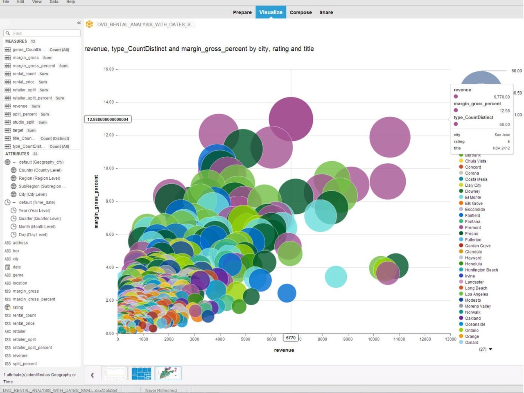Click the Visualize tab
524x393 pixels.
point(271,12)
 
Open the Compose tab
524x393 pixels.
point(300,12)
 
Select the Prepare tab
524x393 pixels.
point(242,12)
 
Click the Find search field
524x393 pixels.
point(42,33)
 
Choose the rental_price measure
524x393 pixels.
point(24,82)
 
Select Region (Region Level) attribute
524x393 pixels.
point(39,178)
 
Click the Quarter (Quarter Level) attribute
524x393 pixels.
point(39,219)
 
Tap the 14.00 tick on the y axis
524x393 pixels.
point(108,102)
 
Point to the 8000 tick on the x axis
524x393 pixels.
point(322,339)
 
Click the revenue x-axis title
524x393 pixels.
point(284,350)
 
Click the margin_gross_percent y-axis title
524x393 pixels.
point(96,201)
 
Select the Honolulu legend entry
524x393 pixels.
point(473,264)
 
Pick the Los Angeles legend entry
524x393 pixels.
point(477,294)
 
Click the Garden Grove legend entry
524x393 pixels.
point(477,246)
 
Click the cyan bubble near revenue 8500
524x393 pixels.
point(336,277)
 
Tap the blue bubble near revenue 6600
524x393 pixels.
point(287,293)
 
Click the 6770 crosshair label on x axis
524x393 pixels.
point(291,338)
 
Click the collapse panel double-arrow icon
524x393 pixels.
point(79,23)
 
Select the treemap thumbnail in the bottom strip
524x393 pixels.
point(141,373)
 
